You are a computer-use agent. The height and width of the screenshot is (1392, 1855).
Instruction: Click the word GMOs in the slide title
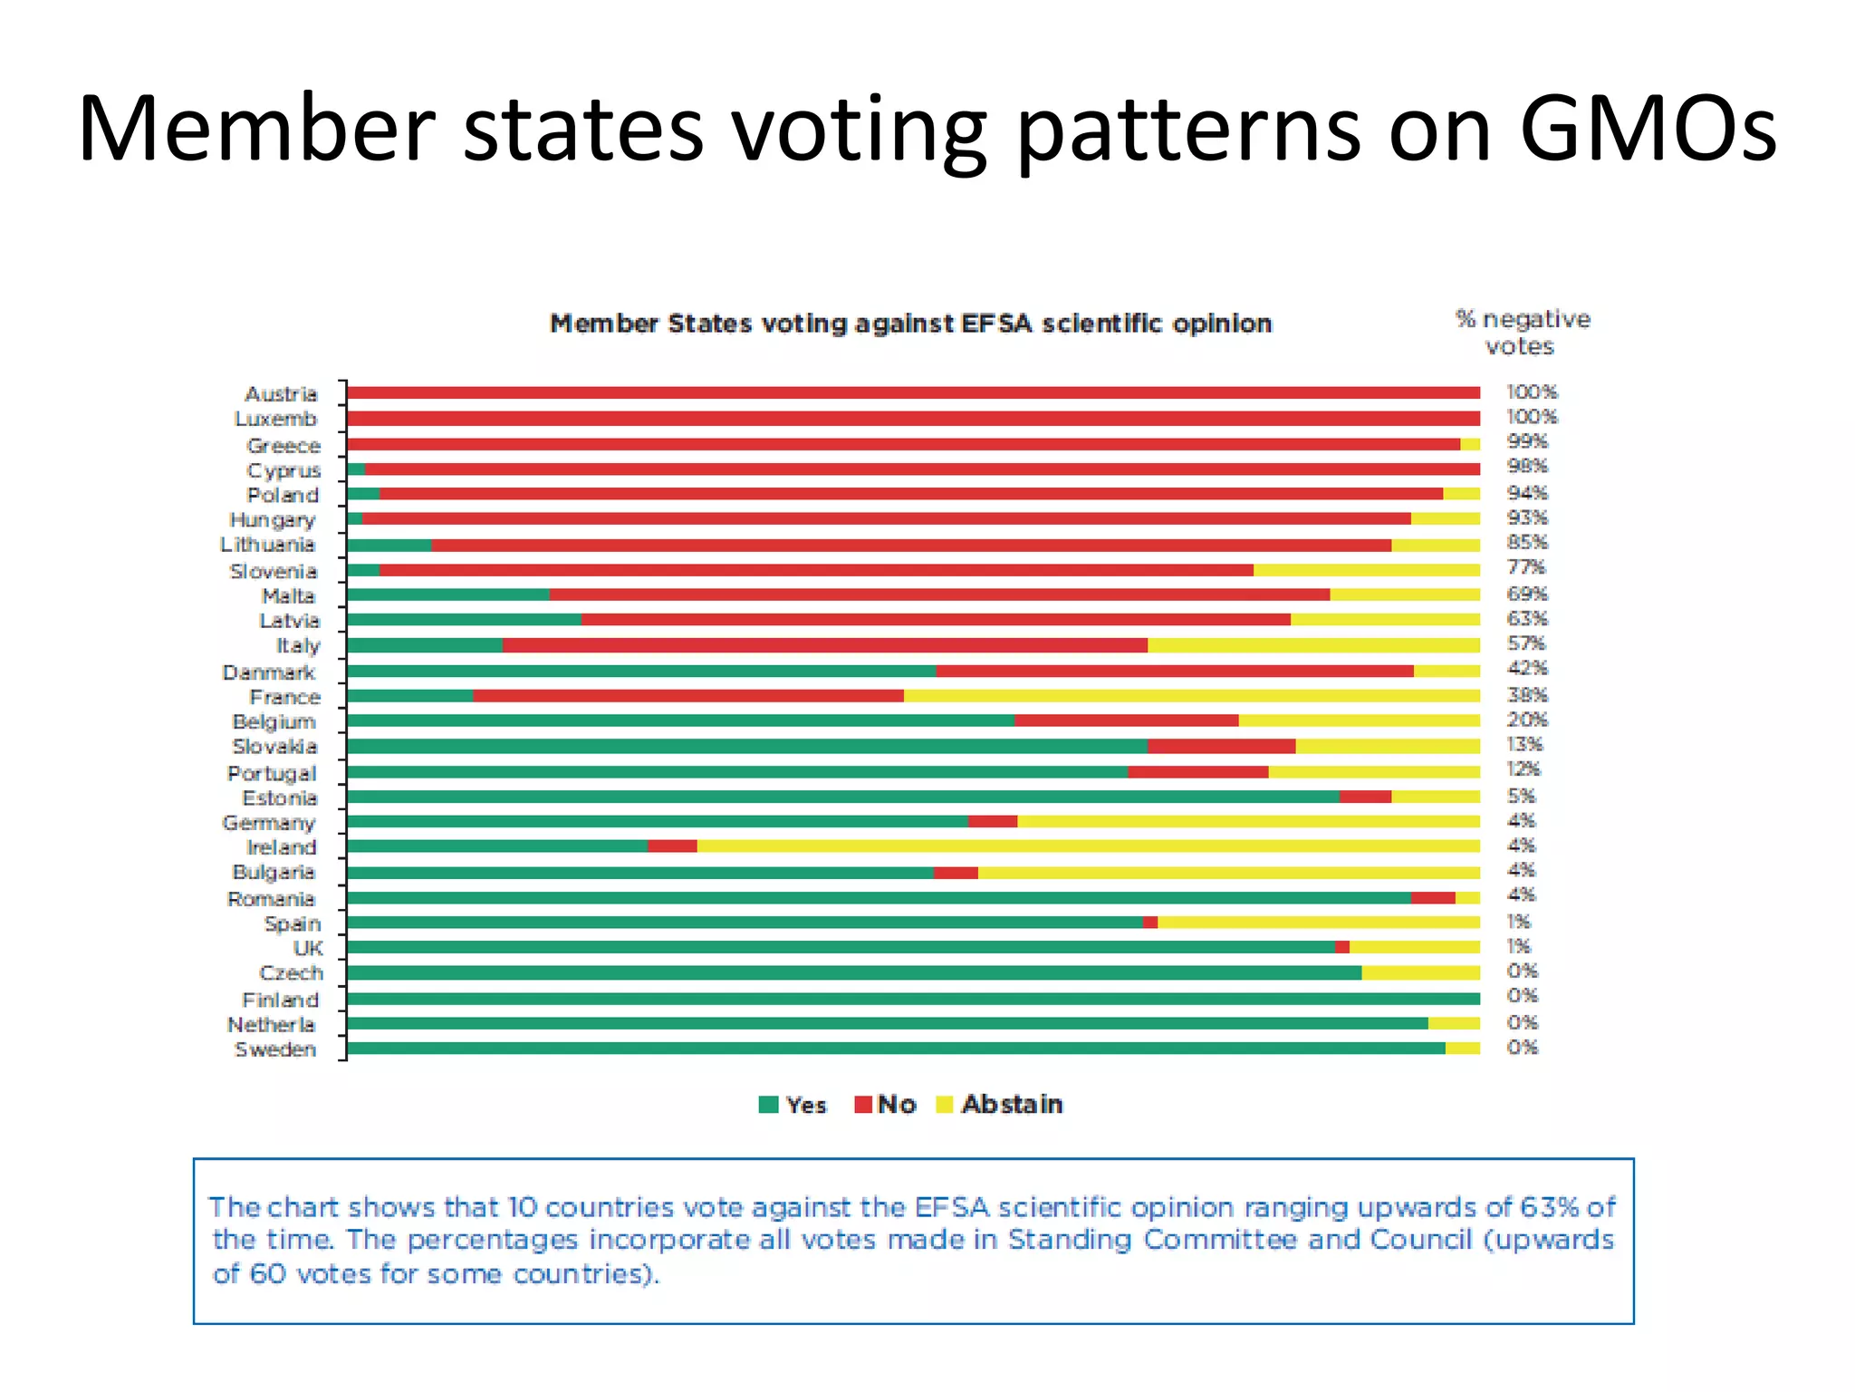(x=1648, y=129)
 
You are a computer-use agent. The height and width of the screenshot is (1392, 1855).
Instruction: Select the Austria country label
(x=281, y=394)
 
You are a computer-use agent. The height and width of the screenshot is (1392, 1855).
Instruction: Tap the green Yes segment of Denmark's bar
(x=641, y=672)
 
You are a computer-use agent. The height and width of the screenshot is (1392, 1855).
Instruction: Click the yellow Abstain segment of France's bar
(x=1191, y=696)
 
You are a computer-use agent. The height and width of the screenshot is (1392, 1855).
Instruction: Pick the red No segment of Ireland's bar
(x=672, y=846)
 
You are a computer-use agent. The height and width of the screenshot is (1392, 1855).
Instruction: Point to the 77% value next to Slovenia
(x=1526, y=567)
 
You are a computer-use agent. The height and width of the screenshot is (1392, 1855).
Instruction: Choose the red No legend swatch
(x=863, y=1105)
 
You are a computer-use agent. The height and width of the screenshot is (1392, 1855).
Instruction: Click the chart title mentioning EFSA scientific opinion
(x=910, y=324)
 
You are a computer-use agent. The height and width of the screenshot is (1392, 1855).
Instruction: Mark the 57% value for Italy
(x=1526, y=643)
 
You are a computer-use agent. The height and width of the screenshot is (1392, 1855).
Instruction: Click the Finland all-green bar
(x=913, y=999)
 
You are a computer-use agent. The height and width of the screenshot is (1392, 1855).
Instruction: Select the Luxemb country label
(x=275, y=420)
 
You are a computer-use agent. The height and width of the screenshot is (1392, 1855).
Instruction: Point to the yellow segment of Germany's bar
(x=1248, y=821)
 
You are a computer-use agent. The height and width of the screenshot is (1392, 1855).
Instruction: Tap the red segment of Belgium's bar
(x=1126, y=720)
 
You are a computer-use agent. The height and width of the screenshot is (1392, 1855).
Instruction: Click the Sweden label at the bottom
(x=275, y=1049)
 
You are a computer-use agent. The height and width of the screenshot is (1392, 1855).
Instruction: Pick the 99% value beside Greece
(x=1527, y=441)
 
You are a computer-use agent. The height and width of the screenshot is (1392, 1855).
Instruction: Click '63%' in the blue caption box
(x=1550, y=1207)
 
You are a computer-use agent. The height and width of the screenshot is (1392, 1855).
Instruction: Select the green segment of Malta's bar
(x=448, y=594)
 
